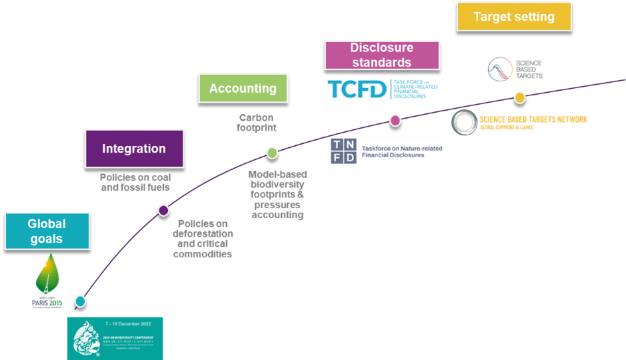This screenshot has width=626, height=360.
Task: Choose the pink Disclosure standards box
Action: tap(381, 55)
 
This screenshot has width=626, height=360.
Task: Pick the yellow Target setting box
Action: tap(514, 17)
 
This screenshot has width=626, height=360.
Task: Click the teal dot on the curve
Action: tap(80, 301)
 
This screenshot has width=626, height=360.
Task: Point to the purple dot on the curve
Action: tap(163, 210)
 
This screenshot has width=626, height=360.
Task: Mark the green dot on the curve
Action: tap(272, 152)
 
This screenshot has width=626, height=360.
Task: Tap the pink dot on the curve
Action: tap(395, 120)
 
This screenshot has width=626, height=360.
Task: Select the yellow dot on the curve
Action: tap(520, 97)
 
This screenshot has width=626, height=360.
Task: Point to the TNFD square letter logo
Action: tap(344, 151)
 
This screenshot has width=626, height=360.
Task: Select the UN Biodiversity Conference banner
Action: tap(115, 338)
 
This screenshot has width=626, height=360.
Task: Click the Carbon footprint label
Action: tap(257, 123)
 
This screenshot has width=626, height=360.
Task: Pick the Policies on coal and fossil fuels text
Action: tap(135, 182)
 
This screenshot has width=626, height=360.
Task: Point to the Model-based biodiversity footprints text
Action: tap(277, 194)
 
